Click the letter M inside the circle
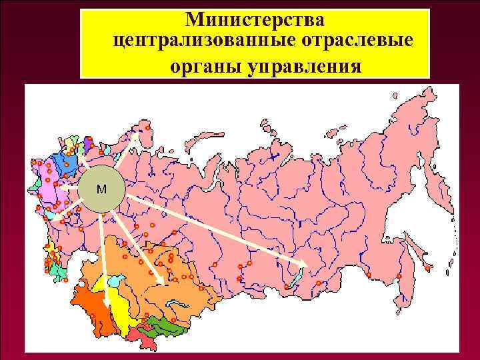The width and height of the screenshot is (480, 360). (x=100, y=189)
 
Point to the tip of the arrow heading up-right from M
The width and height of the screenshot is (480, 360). (x=136, y=135)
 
